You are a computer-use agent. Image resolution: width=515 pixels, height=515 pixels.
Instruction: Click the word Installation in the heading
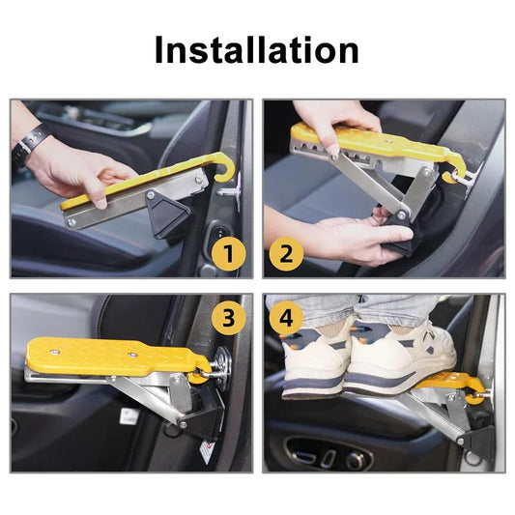(x=256, y=49)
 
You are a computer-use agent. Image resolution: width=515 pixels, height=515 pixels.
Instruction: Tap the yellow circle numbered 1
(x=229, y=253)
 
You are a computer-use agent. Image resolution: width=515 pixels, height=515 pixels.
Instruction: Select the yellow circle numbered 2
(x=286, y=253)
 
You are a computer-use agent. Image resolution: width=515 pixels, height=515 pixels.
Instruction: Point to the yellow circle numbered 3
(x=229, y=318)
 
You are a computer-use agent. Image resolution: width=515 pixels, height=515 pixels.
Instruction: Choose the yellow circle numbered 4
(x=286, y=318)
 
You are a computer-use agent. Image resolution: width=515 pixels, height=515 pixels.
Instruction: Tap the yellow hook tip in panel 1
(x=217, y=179)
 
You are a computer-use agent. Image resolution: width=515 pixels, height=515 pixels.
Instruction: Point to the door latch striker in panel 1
(x=229, y=193)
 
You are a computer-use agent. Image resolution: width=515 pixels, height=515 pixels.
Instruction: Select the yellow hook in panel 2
(x=455, y=167)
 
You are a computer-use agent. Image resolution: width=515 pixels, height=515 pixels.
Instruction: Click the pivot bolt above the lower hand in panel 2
(x=401, y=215)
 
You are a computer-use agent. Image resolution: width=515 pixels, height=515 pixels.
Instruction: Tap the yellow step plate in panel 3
(x=115, y=357)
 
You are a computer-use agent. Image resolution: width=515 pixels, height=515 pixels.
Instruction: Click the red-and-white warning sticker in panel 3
(x=208, y=451)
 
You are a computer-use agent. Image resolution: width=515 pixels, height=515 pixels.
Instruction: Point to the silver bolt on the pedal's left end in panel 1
(x=71, y=223)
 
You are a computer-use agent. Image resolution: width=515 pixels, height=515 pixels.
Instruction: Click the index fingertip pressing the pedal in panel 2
(x=334, y=152)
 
